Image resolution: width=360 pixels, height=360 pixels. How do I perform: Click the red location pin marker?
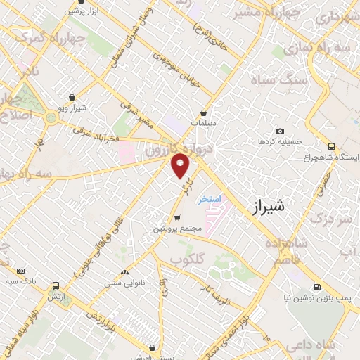[181, 165]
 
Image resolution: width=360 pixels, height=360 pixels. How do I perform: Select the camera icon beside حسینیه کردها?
[281, 131]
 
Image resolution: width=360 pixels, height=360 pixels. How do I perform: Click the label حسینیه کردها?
[280, 141]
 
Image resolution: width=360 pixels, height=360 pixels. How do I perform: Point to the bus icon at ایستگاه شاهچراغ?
[331, 146]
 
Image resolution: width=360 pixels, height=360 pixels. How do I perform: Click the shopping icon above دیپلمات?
[203, 112]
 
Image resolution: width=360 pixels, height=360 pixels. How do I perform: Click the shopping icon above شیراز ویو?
[72, 98]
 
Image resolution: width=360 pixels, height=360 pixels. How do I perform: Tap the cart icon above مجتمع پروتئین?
[177, 218]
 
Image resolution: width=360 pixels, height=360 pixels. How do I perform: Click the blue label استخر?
[209, 200]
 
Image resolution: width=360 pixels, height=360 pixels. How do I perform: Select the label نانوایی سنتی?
[124, 283]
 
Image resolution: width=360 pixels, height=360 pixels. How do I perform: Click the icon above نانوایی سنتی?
[125, 272]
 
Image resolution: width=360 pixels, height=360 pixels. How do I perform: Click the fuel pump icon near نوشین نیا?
[317, 287]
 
